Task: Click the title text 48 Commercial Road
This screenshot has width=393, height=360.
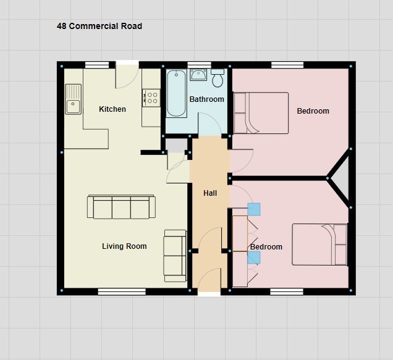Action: pyautogui.click(x=99, y=26)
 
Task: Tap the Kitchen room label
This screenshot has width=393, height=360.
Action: pyautogui.click(x=112, y=109)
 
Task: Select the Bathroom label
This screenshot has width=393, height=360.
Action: pyautogui.click(x=207, y=99)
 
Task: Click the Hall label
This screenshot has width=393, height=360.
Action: pyautogui.click(x=210, y=193)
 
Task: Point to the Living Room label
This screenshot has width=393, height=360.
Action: pyautogui.click(x=124, y=246)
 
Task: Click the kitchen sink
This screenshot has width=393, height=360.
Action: pyautogui.click(x=73, y=99)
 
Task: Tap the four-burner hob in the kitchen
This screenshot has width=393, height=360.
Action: pyautogui.click(x=151, y=98)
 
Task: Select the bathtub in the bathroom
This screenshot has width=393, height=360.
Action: pyautogui.click(x=177, y=93)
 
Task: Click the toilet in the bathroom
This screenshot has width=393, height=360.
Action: pyautogui.click(x=218, y=78)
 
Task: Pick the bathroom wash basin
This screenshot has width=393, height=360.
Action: pyautogui.click(x=198, y=75)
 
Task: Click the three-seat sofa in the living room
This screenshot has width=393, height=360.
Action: pyautogui.click(x=121, y=207)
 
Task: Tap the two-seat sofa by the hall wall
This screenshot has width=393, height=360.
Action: pyautogui.click(x=175, y=256)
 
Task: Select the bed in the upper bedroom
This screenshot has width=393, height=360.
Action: pyautogui.click(x=261, y=113)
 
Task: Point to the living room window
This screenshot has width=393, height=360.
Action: pyautogui.click(x=122, y=291)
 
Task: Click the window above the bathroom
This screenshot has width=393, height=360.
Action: pyautogui.click(x=199, y=65)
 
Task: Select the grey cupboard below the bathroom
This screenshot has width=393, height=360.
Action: pyautogui.click(x=177, y=145)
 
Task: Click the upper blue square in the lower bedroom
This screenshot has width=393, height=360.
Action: pyautogui.click(x=254, y=209)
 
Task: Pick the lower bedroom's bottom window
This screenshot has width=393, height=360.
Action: pyautogui.click(x=287, y=291)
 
